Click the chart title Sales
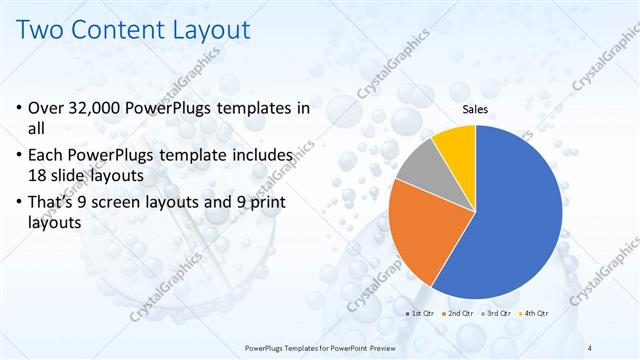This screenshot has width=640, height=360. tap(475, 111)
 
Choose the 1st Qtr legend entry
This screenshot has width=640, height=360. tap(419, 314)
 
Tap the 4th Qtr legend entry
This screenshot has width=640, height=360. tap(534, 314)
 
